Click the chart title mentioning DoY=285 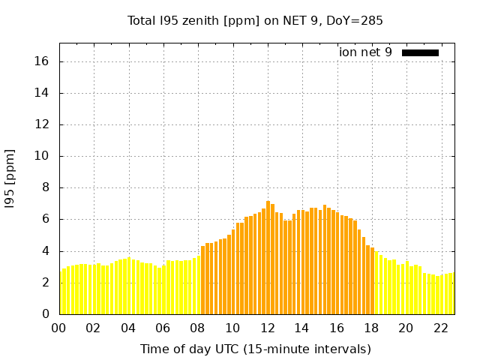pos(255,21)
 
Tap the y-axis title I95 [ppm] pos(10,178)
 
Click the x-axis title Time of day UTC pos(255,349)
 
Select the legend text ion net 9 pos(365,52)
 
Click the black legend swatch pos(420,52)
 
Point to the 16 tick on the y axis pos(43,61)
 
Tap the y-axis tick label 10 pos(43,156)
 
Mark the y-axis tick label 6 pos(46,219)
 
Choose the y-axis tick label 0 pos(46,314)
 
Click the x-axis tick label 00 pos(59,328)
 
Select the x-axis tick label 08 pos(197,328)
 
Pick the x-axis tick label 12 pos(267,328)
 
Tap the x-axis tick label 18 pos(371,328)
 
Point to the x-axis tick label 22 pos(440,328)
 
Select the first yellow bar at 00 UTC pos(61,292)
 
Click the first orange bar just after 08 pos(202,280)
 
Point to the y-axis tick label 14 pos(43,93)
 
